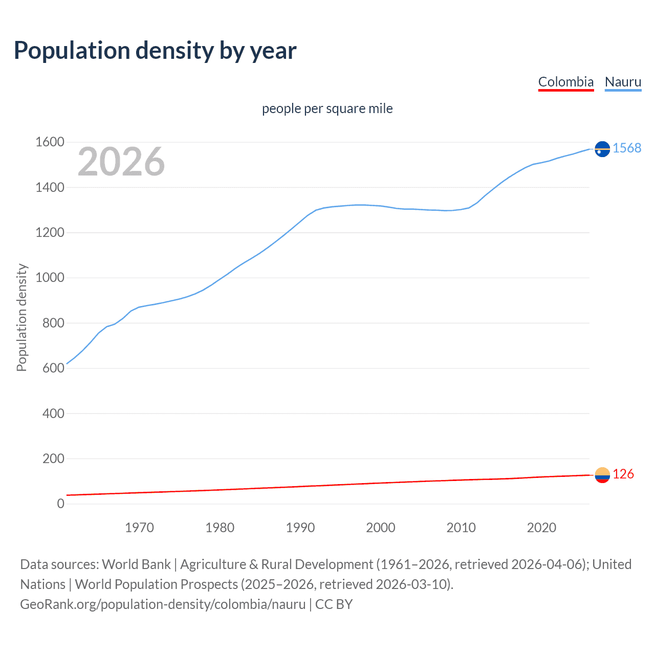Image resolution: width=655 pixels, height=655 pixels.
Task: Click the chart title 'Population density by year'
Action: (x=155, y=51)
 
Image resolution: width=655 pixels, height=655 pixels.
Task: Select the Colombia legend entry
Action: (x=565, y=82)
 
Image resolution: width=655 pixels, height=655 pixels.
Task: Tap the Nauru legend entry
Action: (x=623, y=82)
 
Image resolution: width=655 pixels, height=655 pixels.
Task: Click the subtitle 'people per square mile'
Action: (x=327, y=108)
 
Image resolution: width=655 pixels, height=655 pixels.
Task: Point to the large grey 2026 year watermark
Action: (x=121, y=162)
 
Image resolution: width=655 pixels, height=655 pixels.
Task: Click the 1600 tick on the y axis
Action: (x=50, y=142)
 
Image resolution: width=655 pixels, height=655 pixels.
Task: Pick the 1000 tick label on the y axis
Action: (x=50, y=278)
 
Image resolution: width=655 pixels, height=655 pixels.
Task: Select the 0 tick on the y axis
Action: (x=60, y=504)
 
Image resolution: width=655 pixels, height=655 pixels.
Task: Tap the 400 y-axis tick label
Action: (x=53, y=413)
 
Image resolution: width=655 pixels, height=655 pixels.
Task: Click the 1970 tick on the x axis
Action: (x=139, y=528)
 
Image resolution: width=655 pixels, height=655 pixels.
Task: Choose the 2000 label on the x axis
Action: (x=381, y=528)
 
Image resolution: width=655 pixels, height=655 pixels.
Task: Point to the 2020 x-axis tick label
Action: (x=541, y=528)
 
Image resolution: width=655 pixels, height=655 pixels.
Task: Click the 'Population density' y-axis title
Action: (x=21, y=317)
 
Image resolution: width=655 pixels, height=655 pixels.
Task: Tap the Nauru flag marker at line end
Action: (x=602, y=149)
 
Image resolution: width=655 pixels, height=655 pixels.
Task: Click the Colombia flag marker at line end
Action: (x=602, y=475)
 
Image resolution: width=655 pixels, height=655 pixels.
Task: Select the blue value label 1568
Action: (x=627, y=148)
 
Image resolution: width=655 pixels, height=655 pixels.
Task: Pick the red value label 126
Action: (x=623, y=474)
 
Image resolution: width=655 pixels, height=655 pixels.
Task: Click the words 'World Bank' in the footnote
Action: (x=136, y=564)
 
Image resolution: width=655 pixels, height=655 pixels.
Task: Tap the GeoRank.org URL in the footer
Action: (x=163, y=604)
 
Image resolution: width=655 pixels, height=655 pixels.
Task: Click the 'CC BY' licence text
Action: (x=334, y=604)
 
